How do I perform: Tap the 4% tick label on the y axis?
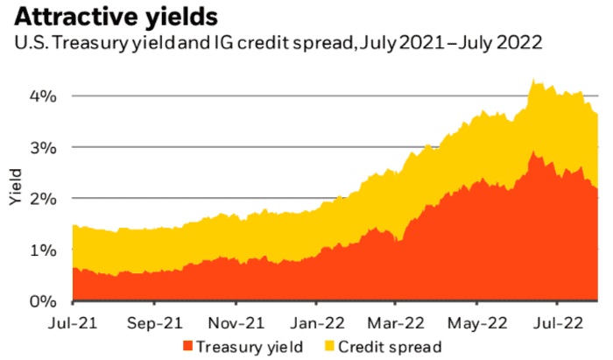coord(44,95)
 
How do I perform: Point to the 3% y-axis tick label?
coord(44,146)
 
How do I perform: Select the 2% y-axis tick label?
coord(44,198)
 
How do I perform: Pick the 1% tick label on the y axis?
coord(44,250)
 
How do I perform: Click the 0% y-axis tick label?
coord(44,301)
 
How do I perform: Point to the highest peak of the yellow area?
coord(533,81)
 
